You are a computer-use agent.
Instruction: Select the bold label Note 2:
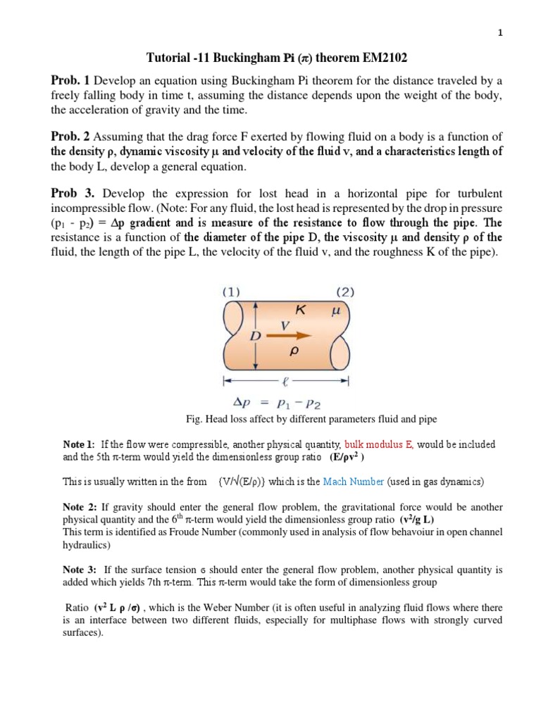(80, 507)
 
